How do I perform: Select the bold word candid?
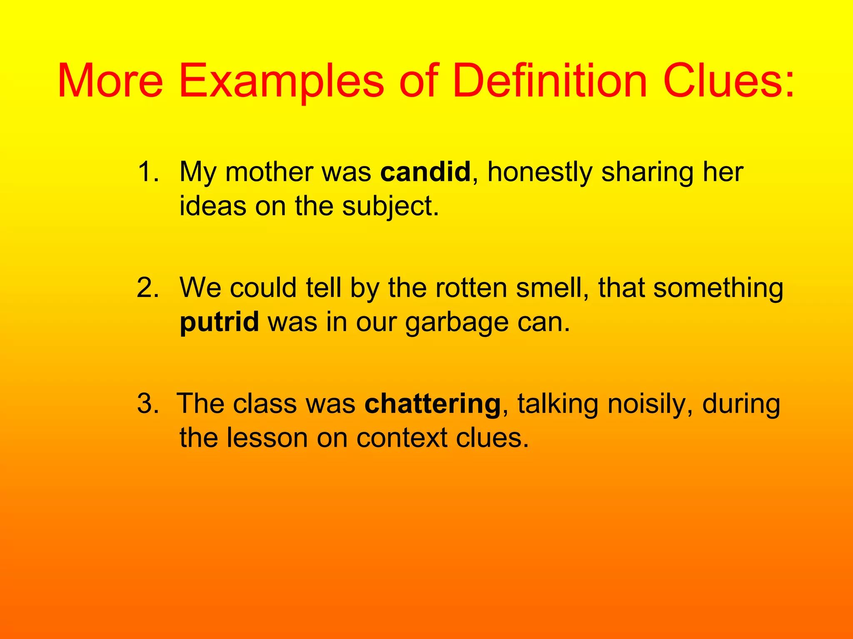pos(425,171)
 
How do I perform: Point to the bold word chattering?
pos(432,403)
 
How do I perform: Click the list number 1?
pos(148,171)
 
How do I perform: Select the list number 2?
pos(148,287)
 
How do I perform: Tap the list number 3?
pos(148,403)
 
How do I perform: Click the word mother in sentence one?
pos(269,171)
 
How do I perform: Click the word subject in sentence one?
pos(391,206)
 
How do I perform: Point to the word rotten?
pos(471,287)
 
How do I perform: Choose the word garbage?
pos(457,322)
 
